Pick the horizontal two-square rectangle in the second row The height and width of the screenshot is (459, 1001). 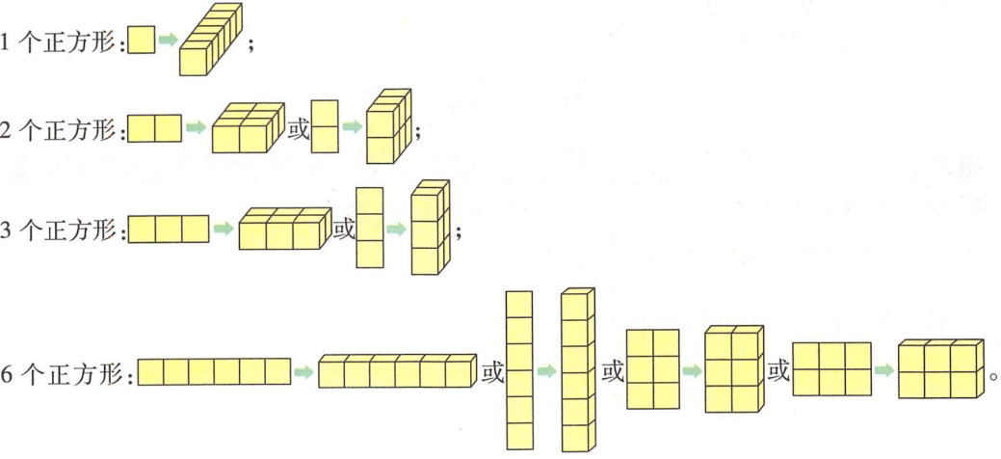click(154, 128)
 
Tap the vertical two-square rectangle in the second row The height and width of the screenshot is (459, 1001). click(325, 127)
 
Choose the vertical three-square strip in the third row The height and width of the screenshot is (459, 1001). click(369, 229)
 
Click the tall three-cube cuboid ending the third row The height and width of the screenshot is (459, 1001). click(430, 224)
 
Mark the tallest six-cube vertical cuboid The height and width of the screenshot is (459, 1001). click(577, 369)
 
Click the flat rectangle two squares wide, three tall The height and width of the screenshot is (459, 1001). click(652, 370)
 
